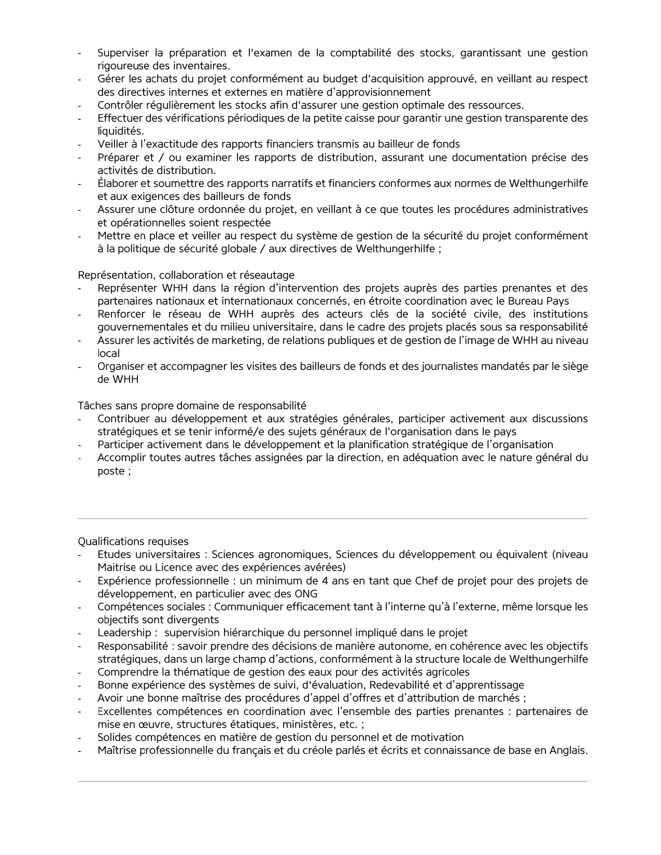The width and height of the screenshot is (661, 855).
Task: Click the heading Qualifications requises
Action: coord(133,541)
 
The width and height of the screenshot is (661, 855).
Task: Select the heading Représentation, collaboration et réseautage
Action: coord(186,275)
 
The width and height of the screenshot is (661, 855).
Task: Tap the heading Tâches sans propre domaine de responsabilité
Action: coord(192,405)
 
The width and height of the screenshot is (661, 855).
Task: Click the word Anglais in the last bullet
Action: coord(568,750)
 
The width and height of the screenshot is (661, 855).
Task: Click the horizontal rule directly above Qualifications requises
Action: coord(333,518)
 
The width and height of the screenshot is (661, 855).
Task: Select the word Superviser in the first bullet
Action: coord(123,53)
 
